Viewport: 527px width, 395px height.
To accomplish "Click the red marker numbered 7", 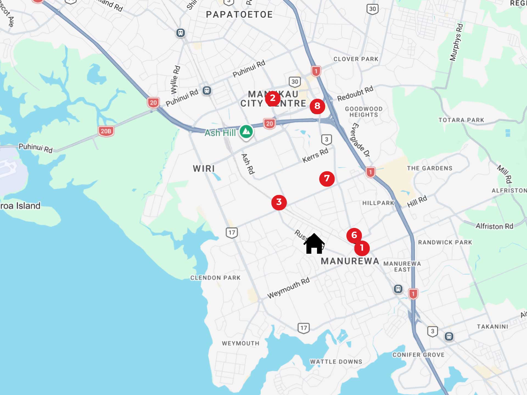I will pos(327,179).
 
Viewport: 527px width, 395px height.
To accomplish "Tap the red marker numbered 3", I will pos(279,202).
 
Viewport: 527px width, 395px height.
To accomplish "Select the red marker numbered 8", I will pos(317,106).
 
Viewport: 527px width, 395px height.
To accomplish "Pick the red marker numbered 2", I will pos(273,98).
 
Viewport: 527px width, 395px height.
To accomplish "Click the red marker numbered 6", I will pos(354,235).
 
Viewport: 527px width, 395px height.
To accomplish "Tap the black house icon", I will pos(314,244).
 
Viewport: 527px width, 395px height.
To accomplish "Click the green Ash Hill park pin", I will pos(246,132).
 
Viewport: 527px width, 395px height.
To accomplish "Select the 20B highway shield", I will pos(106,131).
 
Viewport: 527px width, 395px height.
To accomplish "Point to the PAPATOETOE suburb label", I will pos(239,15).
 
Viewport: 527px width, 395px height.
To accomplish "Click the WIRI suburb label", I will pos(204,168).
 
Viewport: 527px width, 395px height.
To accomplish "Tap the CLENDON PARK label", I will pos(215,278).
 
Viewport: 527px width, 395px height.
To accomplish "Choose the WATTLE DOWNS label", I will pos(336,362).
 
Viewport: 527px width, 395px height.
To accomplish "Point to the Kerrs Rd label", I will pos(315,155).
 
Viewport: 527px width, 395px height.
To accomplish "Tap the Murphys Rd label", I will pos(456,42).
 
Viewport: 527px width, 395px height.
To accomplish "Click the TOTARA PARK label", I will pos(461,120).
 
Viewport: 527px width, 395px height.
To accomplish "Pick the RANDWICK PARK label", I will pos(445,242).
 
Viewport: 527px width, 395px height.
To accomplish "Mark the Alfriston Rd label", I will pos(494,226).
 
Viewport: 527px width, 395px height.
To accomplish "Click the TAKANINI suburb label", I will pos(492,327).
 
